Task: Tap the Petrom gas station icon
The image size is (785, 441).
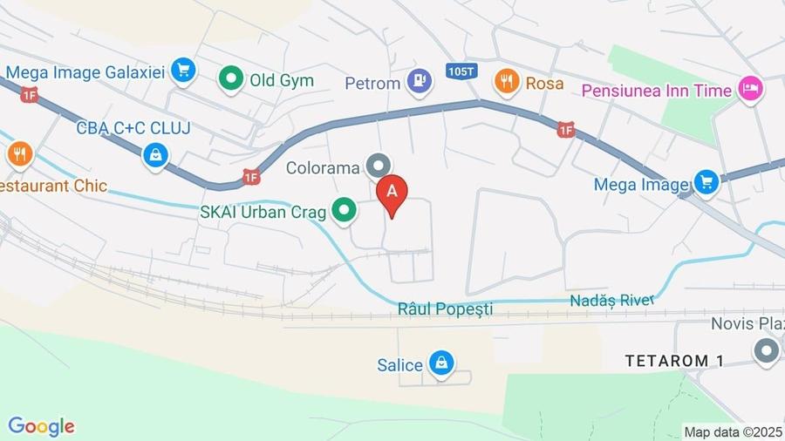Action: point(420,82)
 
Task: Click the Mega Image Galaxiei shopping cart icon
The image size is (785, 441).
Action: point(182,70)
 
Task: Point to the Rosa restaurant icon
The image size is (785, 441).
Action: point(507,83)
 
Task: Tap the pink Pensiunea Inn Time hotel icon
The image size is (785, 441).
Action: point(750,88)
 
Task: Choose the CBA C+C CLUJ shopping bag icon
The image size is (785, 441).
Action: point(155,155)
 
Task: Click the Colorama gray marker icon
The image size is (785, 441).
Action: point(379,164)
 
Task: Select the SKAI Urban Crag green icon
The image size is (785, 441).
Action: point(345,210)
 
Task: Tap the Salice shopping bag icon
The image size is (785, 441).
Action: point(441,365)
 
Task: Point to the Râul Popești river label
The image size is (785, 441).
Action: point(445,309)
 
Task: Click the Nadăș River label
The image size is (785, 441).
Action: point(612,301)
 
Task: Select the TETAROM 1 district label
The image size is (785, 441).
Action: point(676,361)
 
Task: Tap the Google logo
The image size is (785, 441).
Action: point(41,426)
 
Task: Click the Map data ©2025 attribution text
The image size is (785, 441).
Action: point(733,431)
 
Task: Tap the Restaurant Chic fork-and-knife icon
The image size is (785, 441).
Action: point(19,155)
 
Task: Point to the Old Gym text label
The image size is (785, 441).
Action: point(282,81)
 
